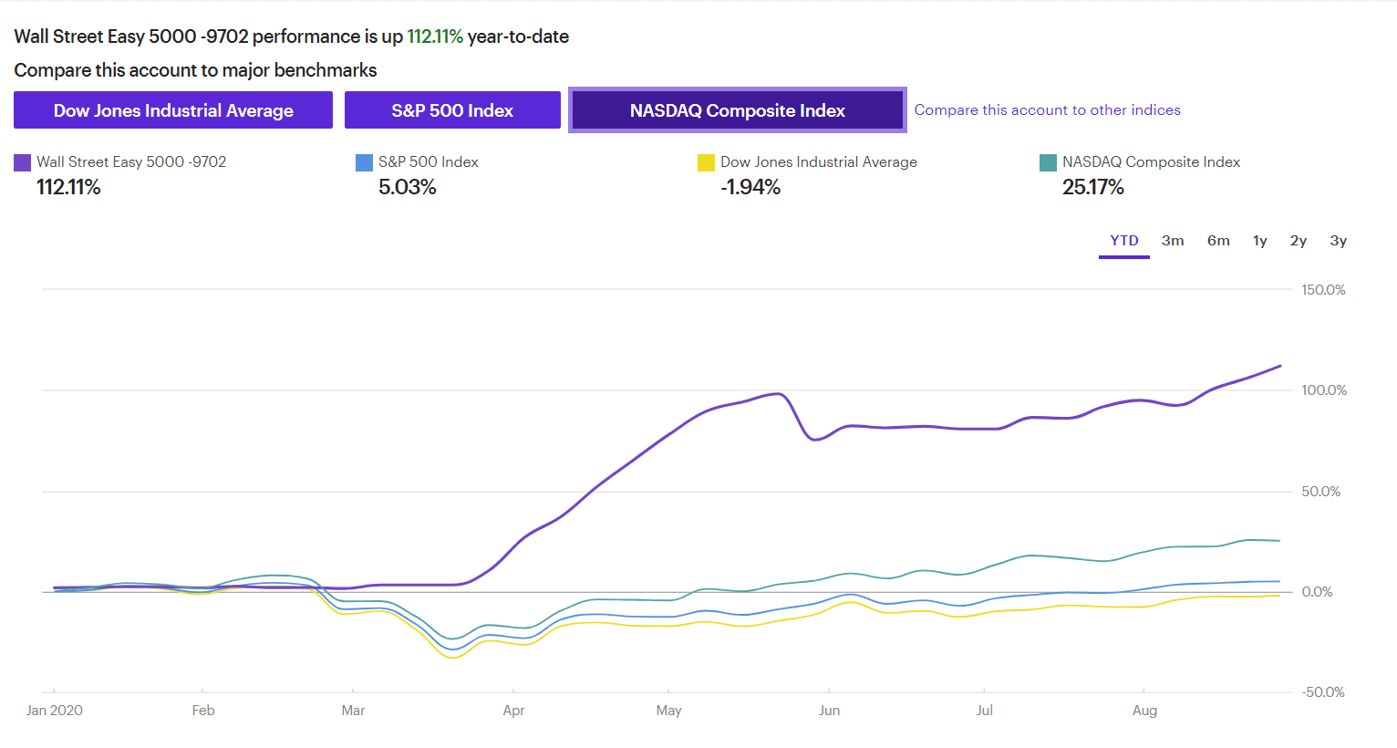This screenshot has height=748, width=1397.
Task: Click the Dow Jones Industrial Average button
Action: [173, 110]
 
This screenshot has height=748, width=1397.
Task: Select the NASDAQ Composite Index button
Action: [737, 110]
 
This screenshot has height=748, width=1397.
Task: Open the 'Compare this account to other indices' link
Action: [1047, 109]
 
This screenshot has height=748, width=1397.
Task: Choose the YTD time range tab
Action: [1123, 241]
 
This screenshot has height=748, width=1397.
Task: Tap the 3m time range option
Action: [1173, 241]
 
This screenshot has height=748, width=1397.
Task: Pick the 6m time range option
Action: [1218, 241]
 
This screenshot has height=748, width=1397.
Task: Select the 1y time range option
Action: [1260, 241]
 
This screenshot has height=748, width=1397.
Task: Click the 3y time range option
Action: [1339, 241]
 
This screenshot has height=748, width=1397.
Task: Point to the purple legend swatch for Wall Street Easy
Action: [23, 162]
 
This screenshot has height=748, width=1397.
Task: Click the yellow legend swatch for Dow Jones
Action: [706, 162]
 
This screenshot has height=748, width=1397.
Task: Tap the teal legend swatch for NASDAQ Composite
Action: [1048, 162]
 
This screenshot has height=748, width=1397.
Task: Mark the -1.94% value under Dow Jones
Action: [750, 187]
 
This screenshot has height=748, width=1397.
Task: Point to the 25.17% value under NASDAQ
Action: [1092, 187]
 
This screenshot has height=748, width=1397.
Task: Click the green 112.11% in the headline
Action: [435, 36]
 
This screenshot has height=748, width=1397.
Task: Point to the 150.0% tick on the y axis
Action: [1323, 290]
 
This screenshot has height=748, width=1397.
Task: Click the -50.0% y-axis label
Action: [1322, 692]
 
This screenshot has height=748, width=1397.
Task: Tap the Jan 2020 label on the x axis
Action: [55, 711]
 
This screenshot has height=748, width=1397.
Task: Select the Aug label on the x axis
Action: [1144, 712]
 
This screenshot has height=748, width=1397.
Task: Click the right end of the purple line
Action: [1280, 366]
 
